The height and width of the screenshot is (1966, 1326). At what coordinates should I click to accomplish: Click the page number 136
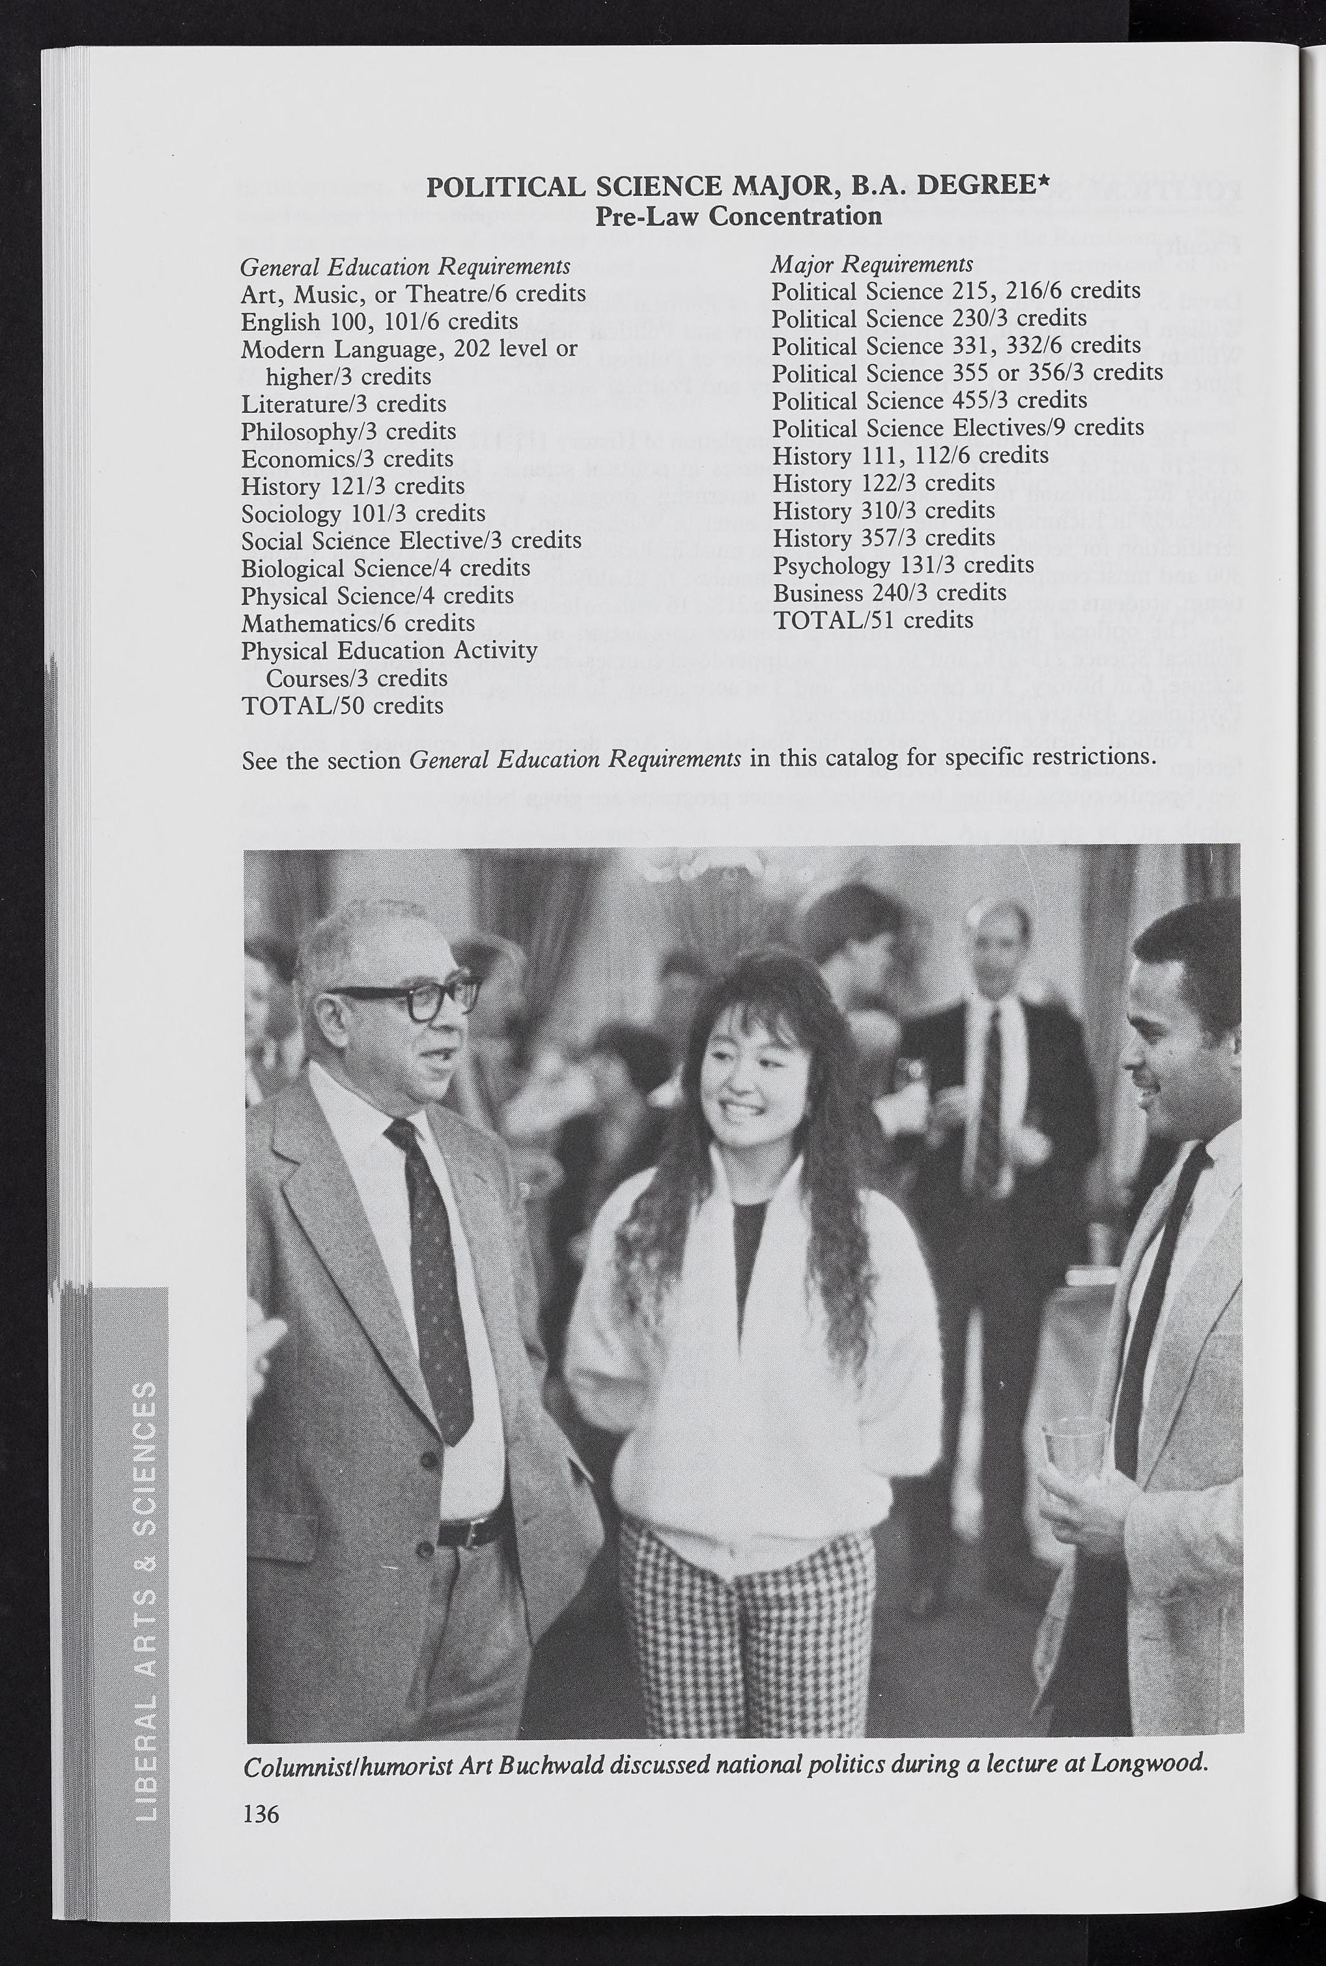[261, 1813]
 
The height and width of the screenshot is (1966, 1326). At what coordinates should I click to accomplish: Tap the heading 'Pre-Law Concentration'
[738, 216]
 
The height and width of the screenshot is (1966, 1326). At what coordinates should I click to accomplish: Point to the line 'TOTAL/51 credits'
[873, 620]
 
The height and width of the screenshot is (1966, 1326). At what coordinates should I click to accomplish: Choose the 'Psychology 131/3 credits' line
[902, 565]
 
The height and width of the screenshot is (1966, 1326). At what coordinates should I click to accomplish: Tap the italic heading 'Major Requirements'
[871, 265]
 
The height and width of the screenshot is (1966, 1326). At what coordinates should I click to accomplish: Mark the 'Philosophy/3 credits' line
[348, 431]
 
